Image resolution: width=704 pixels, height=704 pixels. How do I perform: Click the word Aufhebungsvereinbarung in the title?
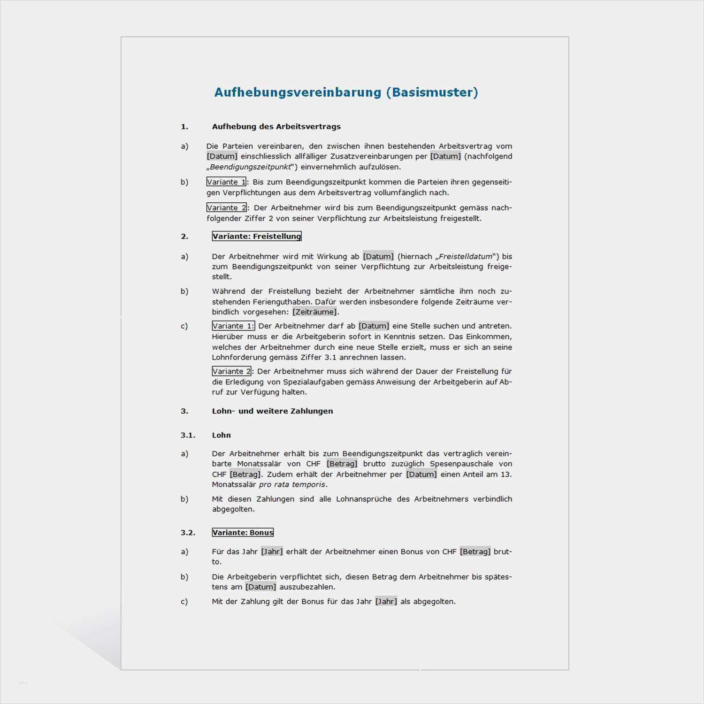click(x=298, y=92)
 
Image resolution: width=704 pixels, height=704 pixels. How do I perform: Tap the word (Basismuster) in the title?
click(x=432, y=92)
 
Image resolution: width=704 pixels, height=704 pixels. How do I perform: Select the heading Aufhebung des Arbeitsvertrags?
click(x=276, y=127)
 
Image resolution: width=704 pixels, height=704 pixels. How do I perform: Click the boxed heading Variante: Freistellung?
click(x=256, y=236)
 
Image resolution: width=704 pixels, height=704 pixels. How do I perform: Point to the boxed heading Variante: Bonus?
click(x=243, y=533)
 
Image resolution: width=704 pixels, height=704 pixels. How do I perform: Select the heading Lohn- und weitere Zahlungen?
click(x=272, y=411)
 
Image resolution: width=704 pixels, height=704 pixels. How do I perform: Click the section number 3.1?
click(x=188, y=436)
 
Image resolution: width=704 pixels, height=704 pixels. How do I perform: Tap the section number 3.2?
click(x=188, y=533)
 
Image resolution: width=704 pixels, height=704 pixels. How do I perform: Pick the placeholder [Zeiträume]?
click(x=314, y=312)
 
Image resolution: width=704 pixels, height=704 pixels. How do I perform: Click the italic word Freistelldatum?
click(x=466, y=257)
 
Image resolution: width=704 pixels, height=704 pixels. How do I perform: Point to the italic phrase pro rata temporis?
click(x=292, y=485)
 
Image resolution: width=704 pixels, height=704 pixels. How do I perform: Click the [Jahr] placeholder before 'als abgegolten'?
click(x=386, y=602)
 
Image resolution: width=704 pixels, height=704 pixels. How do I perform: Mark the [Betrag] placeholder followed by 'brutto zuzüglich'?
click(x=342, y=464)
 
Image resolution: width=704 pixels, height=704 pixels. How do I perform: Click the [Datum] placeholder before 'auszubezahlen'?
click(x=260, y=587)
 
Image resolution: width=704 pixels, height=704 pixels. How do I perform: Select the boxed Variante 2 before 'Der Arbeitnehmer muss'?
click(x=231, y=371)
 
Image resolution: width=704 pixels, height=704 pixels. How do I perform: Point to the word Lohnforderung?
click(x=239, y=358)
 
